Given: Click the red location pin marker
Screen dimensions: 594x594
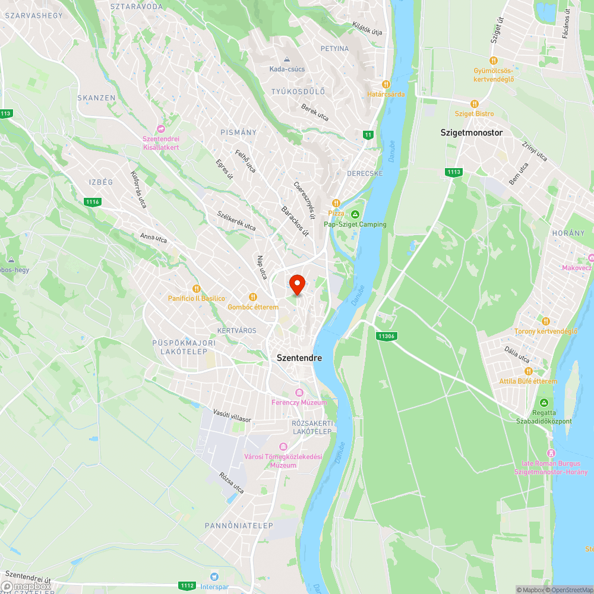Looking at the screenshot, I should click(x=296, y=284).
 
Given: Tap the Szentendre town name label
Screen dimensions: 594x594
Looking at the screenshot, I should click(x=299, y=358).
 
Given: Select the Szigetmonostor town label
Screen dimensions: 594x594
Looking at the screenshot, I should click(x=472, y=132).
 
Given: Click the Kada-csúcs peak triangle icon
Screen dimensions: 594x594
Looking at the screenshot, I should click(x=287, y=59).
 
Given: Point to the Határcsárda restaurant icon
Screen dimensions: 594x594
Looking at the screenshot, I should click(x=386, y=84).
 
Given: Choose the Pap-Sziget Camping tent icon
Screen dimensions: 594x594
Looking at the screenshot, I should click(x=355, y=214).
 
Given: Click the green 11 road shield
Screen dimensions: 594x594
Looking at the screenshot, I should click(x=368, y=135).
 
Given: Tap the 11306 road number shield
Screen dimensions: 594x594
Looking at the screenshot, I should click(x=385, y=336).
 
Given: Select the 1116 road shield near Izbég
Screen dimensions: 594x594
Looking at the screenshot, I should click(x=92, y=202).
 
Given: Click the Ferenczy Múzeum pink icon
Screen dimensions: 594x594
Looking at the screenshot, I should click(x=299, y=393).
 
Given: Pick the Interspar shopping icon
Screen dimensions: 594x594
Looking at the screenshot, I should click(x=214, y=576).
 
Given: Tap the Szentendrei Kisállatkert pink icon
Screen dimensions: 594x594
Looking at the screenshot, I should click(x=160, y=129).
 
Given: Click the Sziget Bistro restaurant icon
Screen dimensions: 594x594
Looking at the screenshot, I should click(x=474, y=103).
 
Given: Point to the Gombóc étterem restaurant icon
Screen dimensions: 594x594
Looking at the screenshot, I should click(x=253, y=297).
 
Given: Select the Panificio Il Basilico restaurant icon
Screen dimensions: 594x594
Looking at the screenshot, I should click(x=189, y=289).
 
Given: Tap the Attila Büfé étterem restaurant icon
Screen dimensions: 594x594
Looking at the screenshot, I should click(x=527, y=371).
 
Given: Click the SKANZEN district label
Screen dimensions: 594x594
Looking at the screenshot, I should click(x=92, y=97).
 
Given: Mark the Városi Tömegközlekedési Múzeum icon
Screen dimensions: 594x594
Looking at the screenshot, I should click(x=283, y=446).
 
